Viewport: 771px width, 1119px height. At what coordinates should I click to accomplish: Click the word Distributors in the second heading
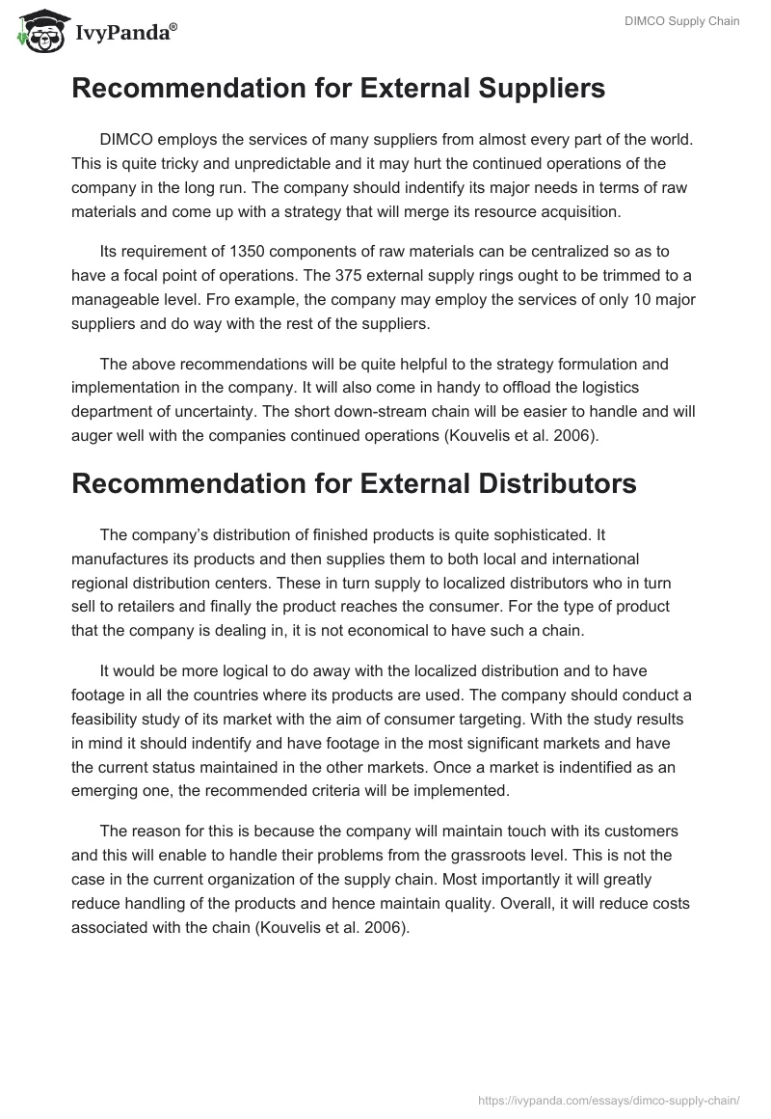pos(542,483)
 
